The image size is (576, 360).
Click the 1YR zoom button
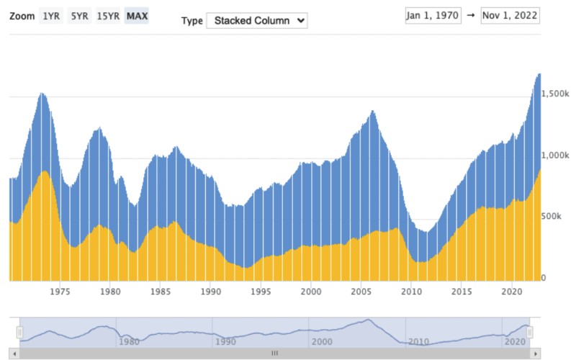[51, 16]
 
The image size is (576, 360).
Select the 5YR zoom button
[78, 16]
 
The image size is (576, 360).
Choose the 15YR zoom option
[108, 16]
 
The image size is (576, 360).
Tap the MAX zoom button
[136, 16]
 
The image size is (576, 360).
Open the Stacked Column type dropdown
[256, 20]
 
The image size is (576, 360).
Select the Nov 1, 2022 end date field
[510, 16]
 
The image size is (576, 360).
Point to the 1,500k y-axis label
[555, 94]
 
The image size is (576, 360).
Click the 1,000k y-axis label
[555, 156]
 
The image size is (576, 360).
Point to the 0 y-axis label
[544, 278]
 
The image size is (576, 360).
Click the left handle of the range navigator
[20, 332]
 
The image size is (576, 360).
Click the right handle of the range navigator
[530, 332]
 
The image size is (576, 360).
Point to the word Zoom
[22, 16]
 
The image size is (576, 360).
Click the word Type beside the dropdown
[192, 20]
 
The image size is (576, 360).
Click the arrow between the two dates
[470, 16]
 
